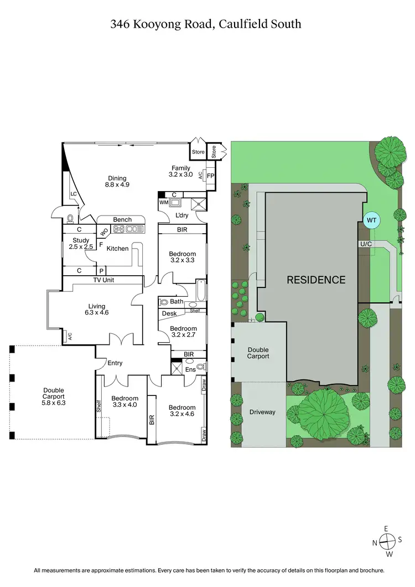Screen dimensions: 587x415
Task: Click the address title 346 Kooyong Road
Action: point(206,24)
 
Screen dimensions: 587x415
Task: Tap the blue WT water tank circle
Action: point(372,220)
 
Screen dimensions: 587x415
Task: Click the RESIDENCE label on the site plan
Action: point(315,280)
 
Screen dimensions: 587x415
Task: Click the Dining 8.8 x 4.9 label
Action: point(117,182)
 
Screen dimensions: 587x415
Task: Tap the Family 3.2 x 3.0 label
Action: point(180,171)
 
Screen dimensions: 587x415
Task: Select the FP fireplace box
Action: point(210,176)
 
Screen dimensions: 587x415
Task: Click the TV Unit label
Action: point(103,280)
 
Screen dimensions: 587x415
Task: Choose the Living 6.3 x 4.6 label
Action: point(96,310)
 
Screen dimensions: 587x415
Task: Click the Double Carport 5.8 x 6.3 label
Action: point(54,397)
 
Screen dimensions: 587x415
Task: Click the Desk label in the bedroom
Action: point(169,313)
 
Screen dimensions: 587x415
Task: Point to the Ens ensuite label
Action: point(190,369)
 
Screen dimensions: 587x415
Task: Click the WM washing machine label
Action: point(163,203)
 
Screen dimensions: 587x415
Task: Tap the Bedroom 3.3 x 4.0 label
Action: point(124,401)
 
